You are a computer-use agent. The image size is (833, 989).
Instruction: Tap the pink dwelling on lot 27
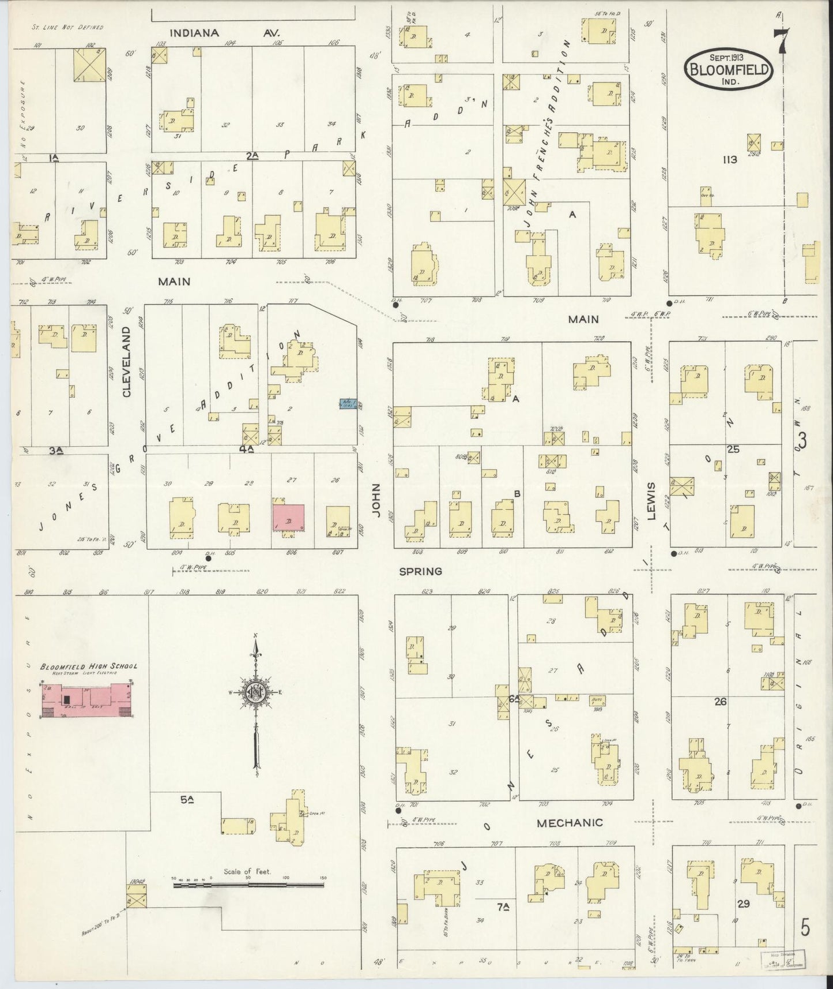tap(288, 517)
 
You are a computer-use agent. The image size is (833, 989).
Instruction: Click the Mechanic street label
tap(570, 823)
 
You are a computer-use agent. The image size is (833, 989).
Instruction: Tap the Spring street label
tap(421, 571)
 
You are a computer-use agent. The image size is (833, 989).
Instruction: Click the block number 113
tap(729, 160)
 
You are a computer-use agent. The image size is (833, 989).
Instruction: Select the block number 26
tap(720, 702)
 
